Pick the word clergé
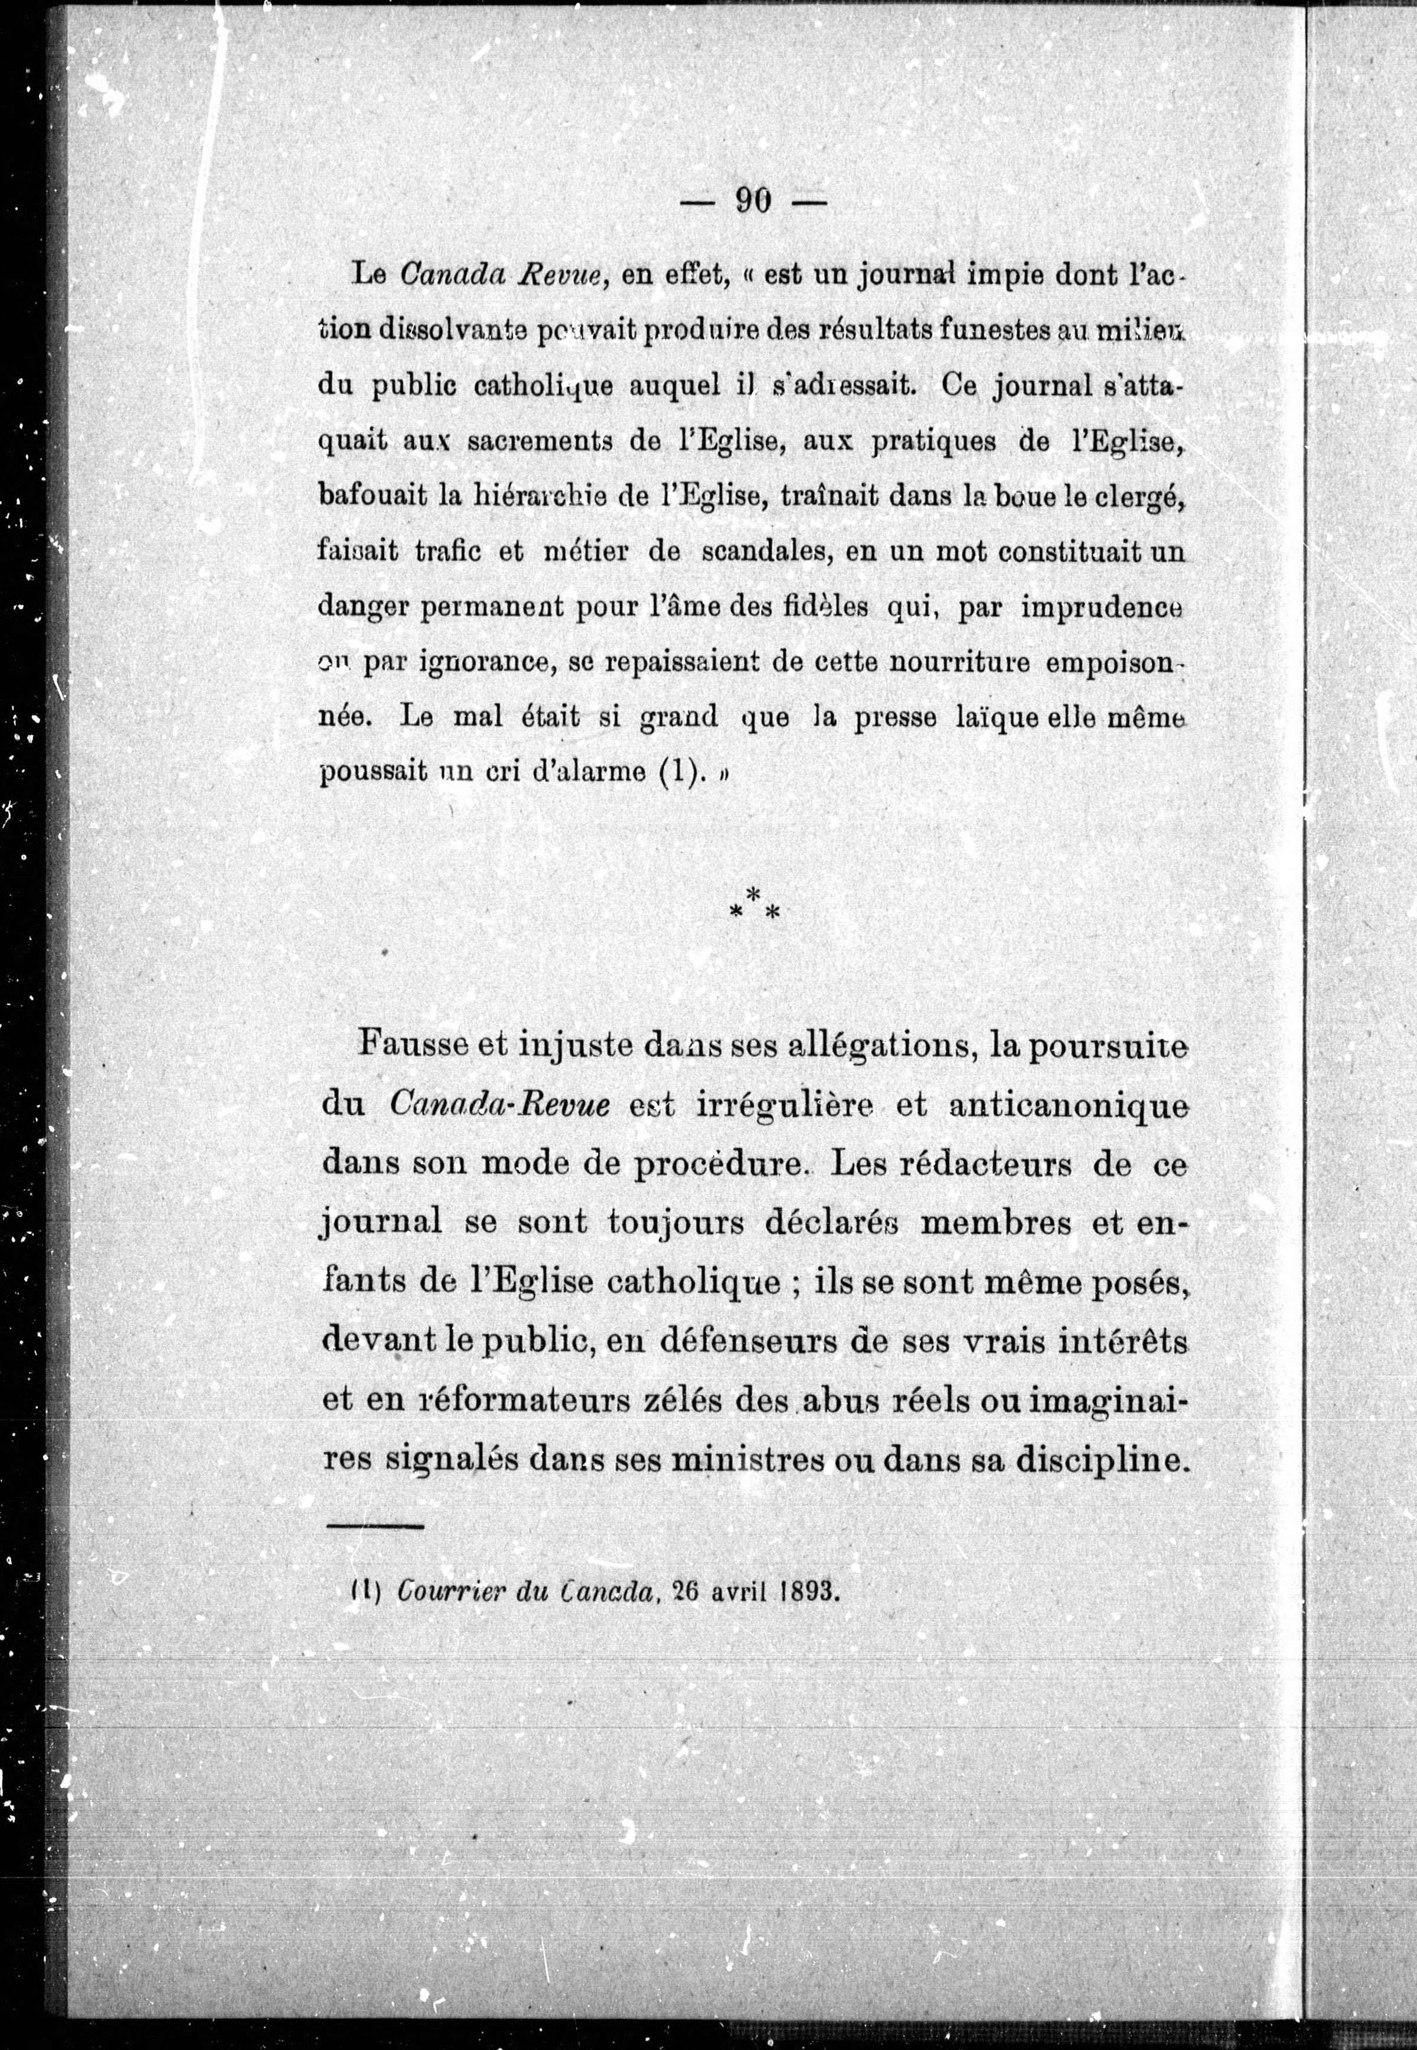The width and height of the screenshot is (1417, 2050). tap(1139, 498)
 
